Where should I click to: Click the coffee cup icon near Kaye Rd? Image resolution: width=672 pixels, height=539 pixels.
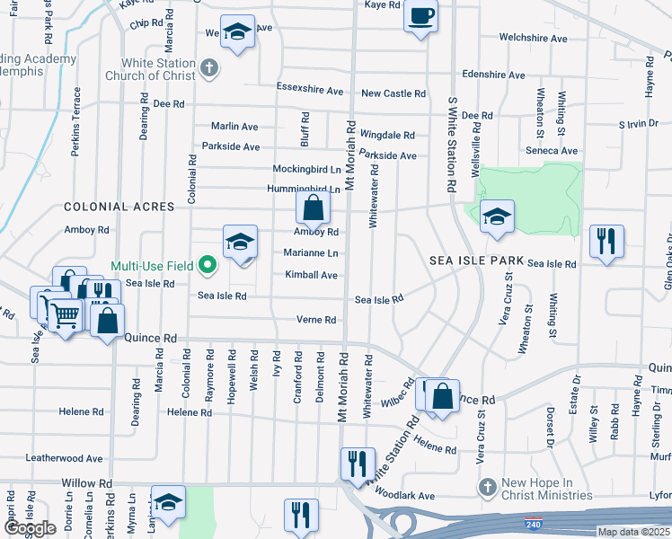(420, 15)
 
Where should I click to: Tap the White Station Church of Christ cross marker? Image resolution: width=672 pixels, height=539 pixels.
(208, 67)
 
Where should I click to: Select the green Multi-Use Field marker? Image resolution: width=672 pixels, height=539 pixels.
(208, 265)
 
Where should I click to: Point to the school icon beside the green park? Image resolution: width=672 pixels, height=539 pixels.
(497, 216)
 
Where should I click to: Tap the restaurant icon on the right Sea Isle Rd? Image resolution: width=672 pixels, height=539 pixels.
(606, 241)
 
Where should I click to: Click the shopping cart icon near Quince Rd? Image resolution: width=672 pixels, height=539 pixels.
(65, 315)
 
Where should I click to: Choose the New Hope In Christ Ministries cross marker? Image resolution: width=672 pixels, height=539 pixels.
(486, 487)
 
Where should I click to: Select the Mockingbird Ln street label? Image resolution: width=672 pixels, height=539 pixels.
(306, 169)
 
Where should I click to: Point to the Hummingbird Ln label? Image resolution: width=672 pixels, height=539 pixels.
(304, 190)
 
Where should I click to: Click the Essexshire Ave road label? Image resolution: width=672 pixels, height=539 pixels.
(310, 91)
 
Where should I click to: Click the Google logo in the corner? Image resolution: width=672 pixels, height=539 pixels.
(30, 528)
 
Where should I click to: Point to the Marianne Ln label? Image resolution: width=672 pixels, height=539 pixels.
(311, 253)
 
